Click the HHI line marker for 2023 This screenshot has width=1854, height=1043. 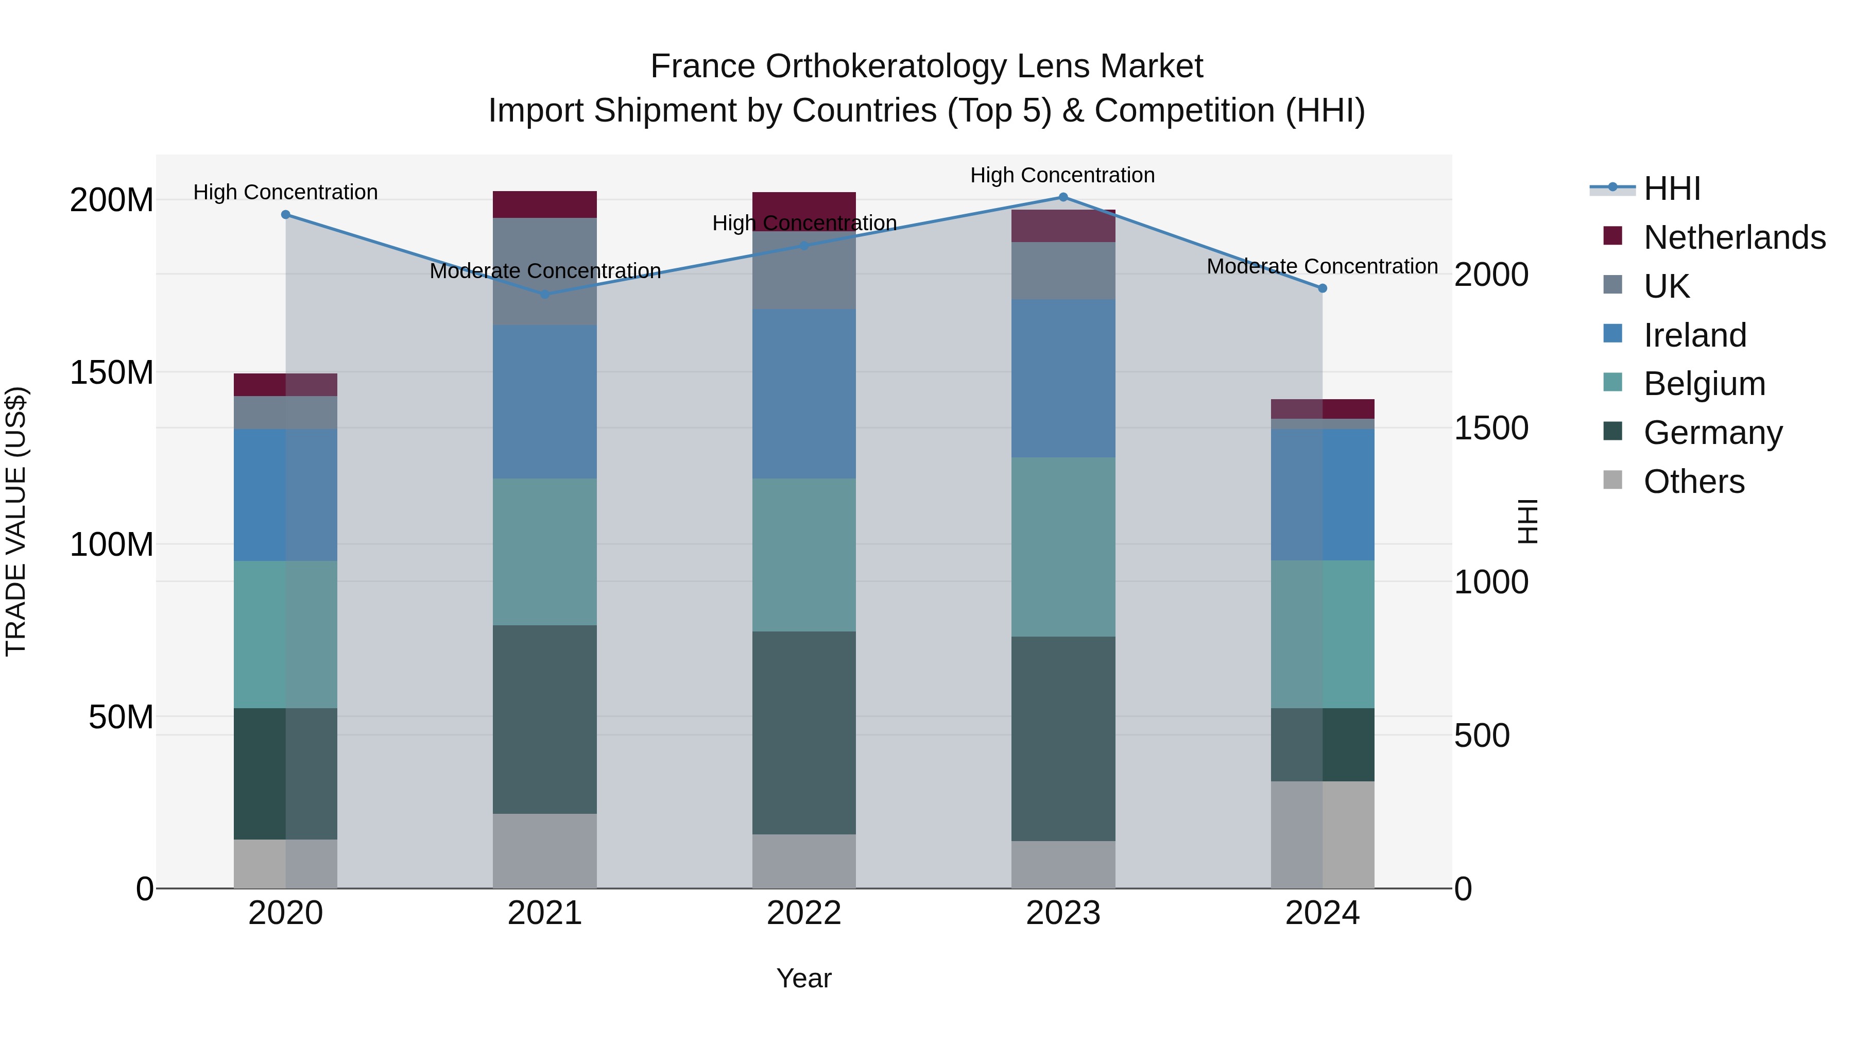(1063, 197)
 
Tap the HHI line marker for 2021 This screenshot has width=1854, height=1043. (545, 295)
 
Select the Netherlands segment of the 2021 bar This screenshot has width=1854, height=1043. (545, 204)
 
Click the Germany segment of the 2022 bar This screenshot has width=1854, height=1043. (804, 733)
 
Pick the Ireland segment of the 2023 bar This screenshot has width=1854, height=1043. (1063, 378)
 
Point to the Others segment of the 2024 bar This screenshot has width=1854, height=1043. (1322, 834)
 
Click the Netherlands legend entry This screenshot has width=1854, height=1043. (1734, 237)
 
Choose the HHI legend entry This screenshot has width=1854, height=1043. (1671, 189)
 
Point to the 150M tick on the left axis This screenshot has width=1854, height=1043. (112, 373)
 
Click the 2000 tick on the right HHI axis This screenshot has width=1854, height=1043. (1490, 275)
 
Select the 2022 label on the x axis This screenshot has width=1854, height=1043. (804, 913)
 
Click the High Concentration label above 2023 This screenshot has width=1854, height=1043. (1062, 175)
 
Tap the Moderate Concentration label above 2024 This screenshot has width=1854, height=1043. (1322, 266)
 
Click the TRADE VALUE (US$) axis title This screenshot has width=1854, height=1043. (16, 521)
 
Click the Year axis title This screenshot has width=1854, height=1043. (804, 978)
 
